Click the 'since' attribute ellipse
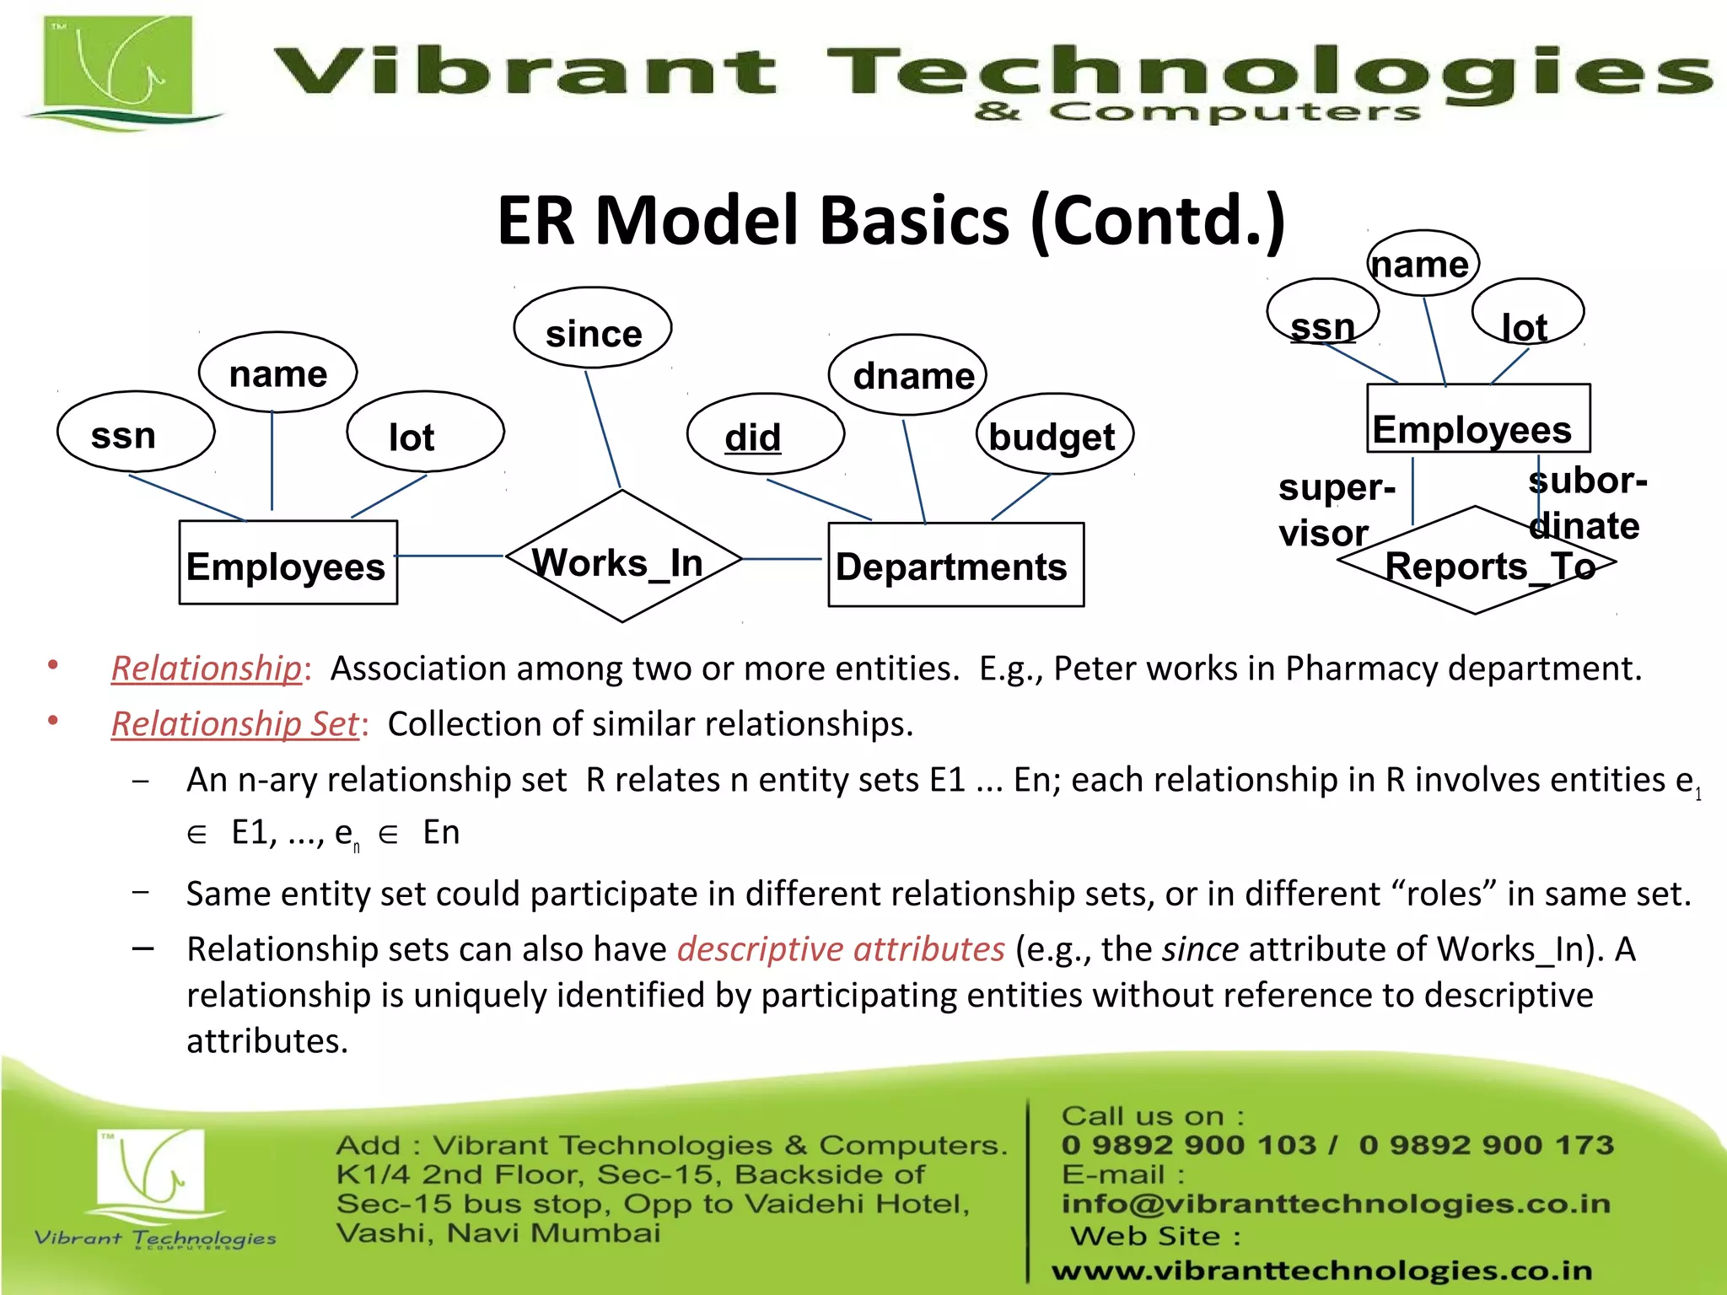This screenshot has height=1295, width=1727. click(593, 329)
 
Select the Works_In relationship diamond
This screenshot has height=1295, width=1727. click(622, 557)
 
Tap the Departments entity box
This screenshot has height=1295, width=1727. click(955, 565)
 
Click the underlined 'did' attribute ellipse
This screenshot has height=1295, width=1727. click(765, 434)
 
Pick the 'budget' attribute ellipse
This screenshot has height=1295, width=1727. click(1054, 434)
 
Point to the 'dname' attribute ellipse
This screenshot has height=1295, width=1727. click(907, 374)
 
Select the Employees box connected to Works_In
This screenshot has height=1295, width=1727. click(288, 562)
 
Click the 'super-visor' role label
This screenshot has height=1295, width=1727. click(1335, 509)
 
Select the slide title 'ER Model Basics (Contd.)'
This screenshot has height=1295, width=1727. click(890, 221)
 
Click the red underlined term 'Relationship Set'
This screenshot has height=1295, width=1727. click(235, 724)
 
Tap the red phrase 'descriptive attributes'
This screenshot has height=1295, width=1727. click(841, 949)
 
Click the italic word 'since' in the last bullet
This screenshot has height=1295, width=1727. click(1200, 949)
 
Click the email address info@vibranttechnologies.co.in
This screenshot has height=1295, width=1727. click(1336, 1204)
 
